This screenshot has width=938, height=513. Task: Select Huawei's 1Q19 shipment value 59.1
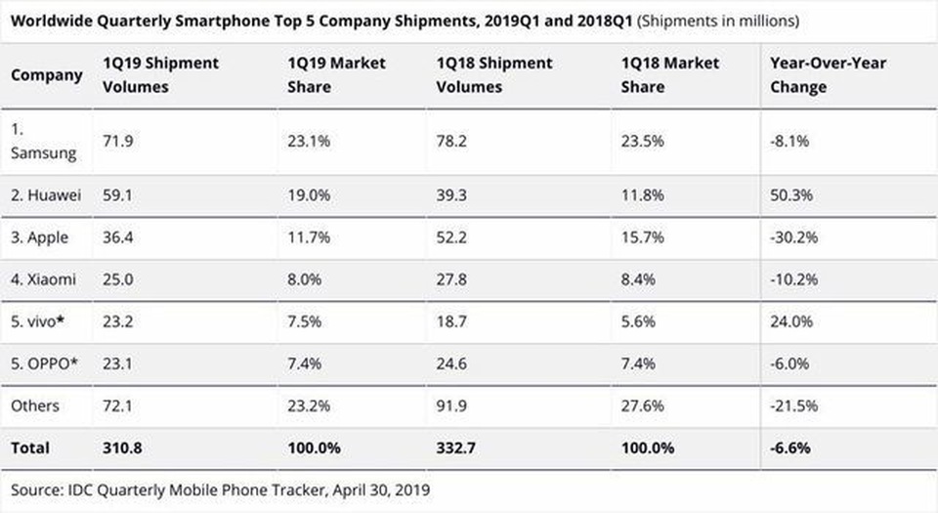point(116,194)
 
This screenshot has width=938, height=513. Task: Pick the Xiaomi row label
point(44,279)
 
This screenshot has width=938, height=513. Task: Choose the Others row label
point(35,406)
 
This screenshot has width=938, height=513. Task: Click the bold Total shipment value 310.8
point(123,448)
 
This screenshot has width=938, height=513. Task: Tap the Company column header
point(47,75)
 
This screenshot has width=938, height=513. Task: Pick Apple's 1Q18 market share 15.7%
point(642,237)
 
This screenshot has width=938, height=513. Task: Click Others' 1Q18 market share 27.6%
point(642,406)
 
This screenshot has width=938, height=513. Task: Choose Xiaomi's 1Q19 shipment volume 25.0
point(118,279)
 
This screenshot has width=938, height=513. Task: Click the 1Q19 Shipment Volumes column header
point(161,75)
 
